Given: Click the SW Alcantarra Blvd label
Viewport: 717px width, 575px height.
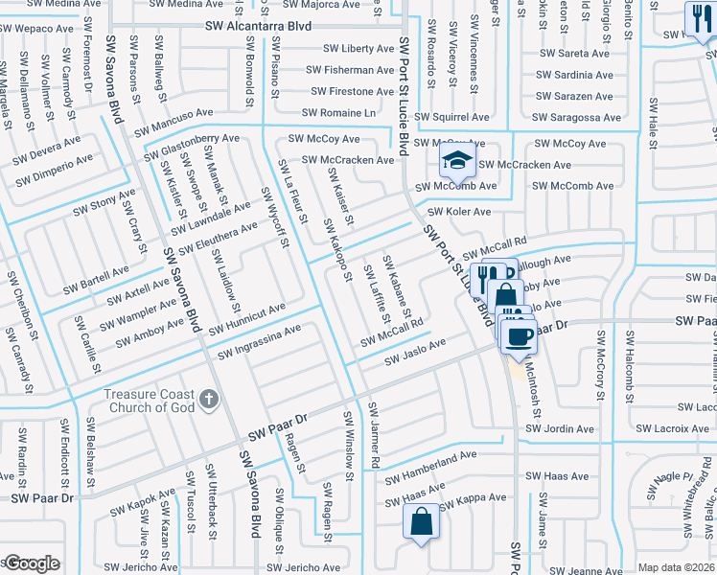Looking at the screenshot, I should click(258, 27).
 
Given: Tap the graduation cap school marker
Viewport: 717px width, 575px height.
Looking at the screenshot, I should click(458, 159).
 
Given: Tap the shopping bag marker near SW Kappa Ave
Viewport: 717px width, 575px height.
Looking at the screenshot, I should click(421, 524).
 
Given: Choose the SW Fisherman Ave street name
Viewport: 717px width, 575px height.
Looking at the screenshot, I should click(351, 70).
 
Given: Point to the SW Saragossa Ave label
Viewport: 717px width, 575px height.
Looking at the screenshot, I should click(579, 117).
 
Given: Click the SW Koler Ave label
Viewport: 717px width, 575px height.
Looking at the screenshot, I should click(459, 212).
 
